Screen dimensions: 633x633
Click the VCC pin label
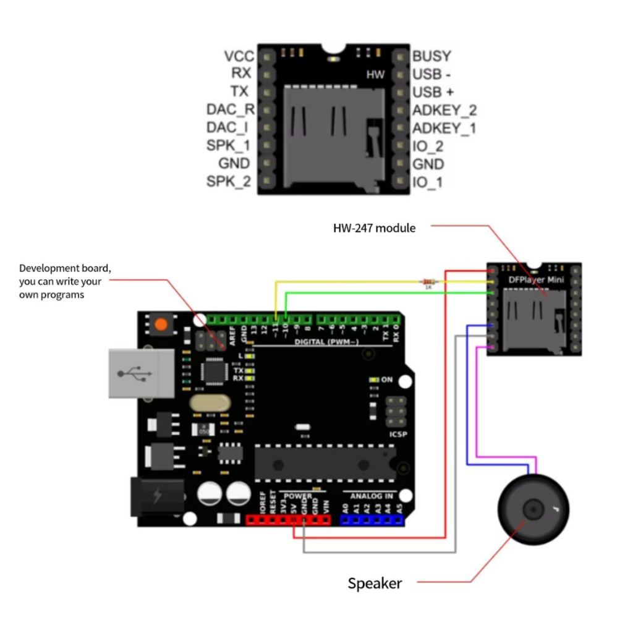(239, 56)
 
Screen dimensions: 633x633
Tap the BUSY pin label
(431, 56)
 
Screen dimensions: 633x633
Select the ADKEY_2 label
(444, 111)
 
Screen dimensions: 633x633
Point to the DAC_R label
(231, 110)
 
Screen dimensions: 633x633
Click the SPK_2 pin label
(229, 182)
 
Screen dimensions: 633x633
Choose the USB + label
(433, 92)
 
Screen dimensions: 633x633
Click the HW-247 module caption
(375, 228)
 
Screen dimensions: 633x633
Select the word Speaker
(375, 583)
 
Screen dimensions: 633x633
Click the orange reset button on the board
(161, 324)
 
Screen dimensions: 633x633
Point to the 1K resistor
(427, 280)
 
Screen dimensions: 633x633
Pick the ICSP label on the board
(398, 435)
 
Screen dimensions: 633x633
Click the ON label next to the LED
(386, 380)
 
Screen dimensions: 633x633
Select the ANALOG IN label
(372, 496)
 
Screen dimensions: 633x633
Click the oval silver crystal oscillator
(210, 403)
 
